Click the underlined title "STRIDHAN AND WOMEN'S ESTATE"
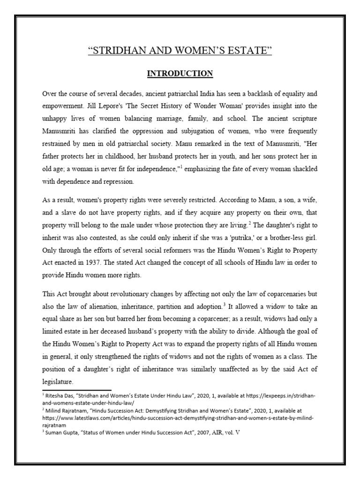tap(180, 51)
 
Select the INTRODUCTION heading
tap(180, 74)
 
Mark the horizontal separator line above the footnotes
tap(77, 390)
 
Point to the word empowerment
tap(64, 107)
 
